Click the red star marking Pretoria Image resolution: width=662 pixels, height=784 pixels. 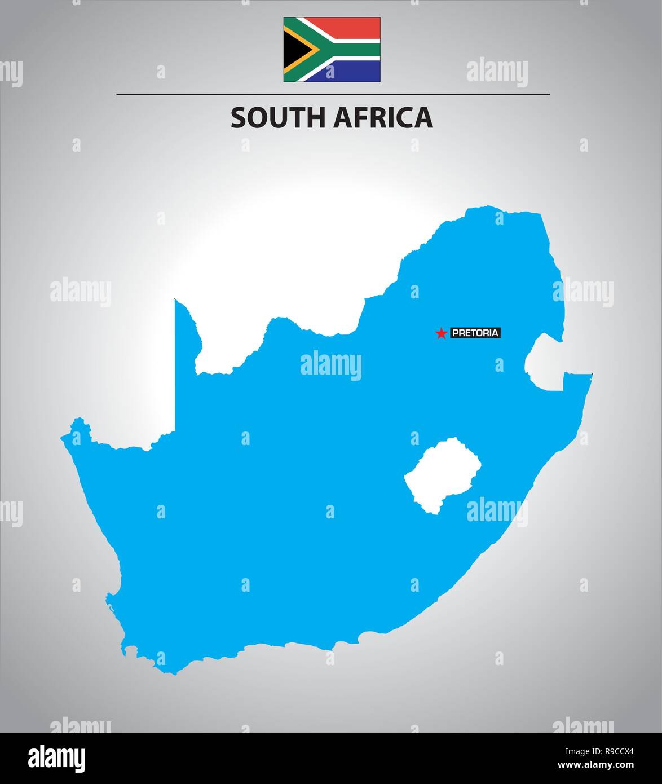[x=440, y=334]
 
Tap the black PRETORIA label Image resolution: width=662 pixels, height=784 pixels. [x=475, y=333]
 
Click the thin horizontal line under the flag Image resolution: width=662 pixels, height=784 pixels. [x=333, y=94]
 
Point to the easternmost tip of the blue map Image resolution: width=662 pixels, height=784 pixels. [x=592, y=374]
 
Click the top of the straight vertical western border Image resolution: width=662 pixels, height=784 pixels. [x=175, y=299]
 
